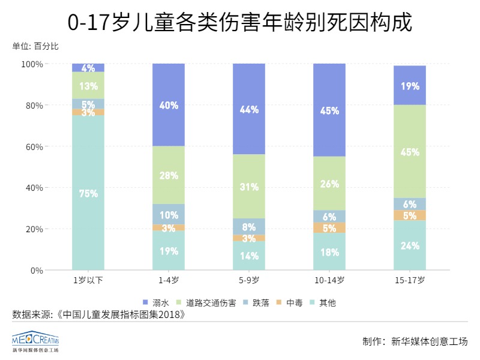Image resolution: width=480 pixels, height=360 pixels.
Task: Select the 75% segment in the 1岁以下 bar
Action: [88, 193]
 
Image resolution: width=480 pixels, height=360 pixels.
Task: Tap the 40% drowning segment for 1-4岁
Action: [169, 105]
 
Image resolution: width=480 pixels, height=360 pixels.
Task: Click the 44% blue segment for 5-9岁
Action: [249, 109]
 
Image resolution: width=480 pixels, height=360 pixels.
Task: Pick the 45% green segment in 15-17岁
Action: [410, 152]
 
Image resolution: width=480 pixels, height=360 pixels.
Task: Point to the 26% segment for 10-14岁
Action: [329, 184]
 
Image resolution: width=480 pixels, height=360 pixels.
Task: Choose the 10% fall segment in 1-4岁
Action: [169, 214]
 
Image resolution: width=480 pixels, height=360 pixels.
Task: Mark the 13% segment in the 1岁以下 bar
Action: [88, 85]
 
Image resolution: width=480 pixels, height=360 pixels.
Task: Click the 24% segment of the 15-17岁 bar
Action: [410, 245]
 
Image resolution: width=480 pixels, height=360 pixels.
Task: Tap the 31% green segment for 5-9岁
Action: [249, 187]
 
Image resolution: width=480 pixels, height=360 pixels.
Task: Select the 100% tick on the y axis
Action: [32, 64]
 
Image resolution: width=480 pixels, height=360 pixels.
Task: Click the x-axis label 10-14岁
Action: [329, 280]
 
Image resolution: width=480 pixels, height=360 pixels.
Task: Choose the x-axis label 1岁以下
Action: [88, 280]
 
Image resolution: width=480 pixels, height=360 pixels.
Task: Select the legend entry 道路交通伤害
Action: [207, 302]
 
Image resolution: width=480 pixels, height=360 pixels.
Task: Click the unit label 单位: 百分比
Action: [35, 46]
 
